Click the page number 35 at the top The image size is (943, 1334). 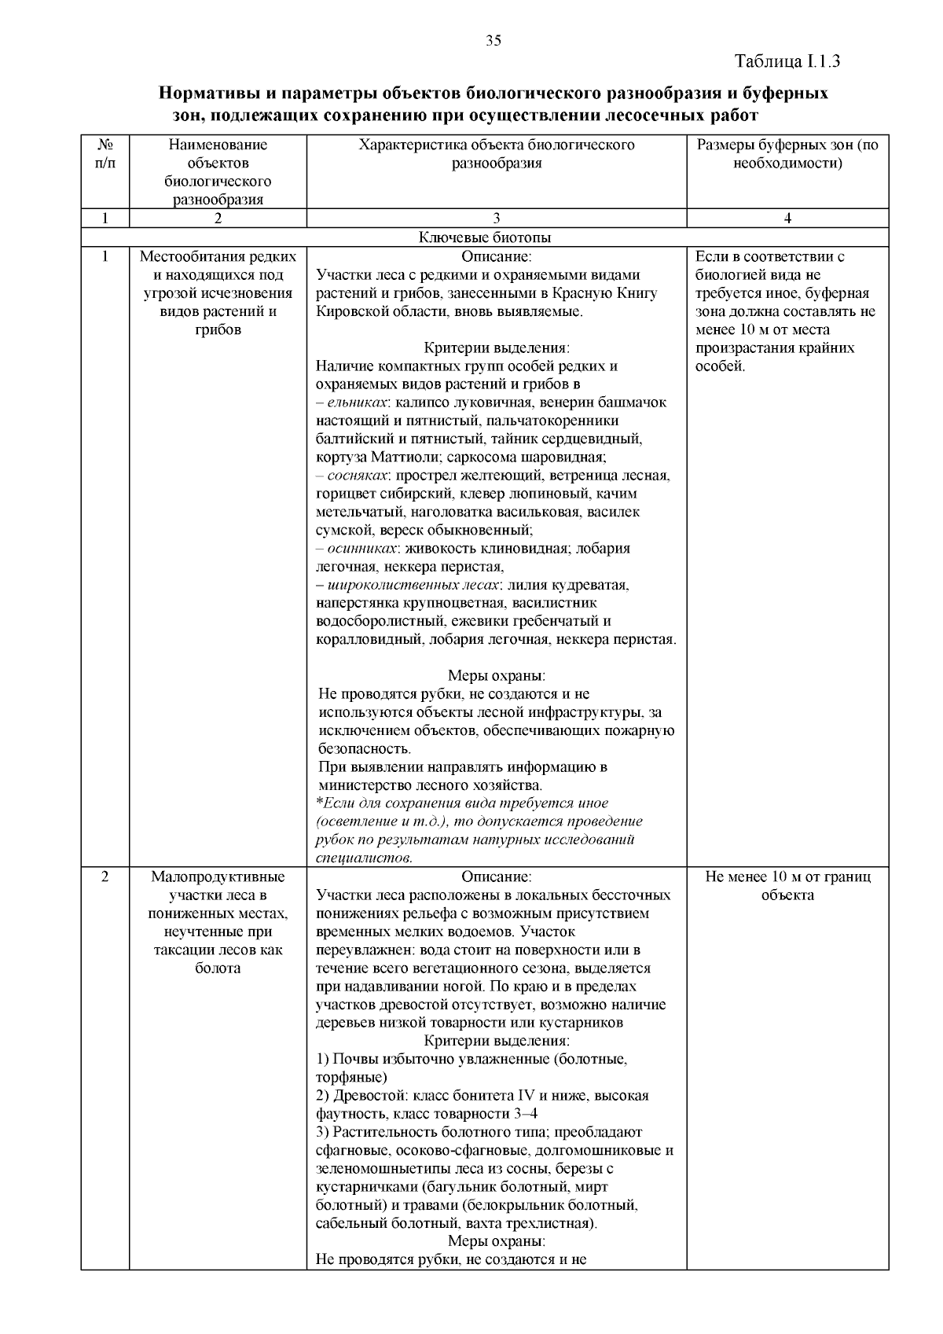click(494, 42)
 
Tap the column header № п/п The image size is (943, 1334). click(105, 153)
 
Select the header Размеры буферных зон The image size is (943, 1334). click(787, 154)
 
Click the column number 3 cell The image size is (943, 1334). click(496, 219)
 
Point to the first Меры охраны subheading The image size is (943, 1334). click(496, 676)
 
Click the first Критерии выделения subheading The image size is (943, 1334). click(496, 348)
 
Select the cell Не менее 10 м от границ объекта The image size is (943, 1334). click(787, 886)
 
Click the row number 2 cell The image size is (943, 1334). click(105, 877)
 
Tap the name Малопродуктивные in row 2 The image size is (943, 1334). click(218, 877)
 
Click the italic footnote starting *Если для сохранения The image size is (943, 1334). click(475, 830)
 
